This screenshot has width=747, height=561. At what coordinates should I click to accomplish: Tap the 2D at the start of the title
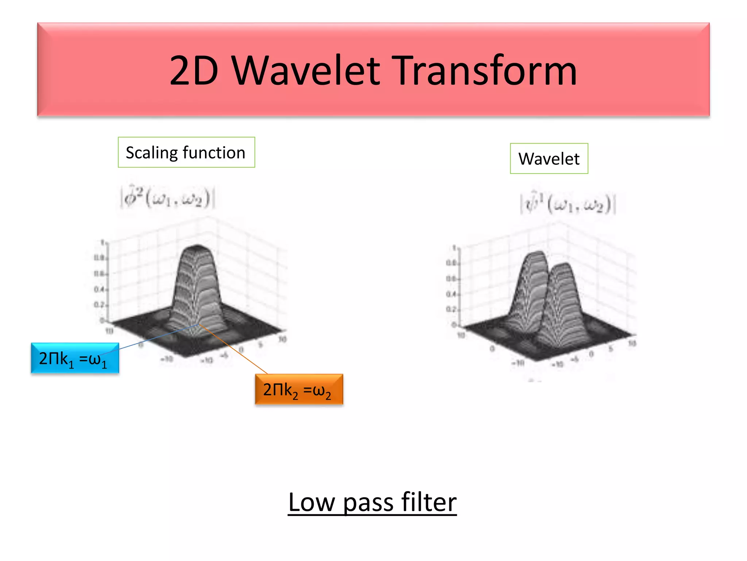coord(194,70)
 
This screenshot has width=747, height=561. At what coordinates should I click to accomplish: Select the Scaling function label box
coord(186,152)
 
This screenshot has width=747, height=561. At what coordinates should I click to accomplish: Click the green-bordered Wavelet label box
coord(549,159)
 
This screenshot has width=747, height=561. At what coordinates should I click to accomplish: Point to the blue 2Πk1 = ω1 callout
coord(75,358)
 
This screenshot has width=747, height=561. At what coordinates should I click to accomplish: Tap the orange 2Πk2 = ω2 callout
coord(299,389)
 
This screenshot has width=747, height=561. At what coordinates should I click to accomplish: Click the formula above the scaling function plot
coord(167,198)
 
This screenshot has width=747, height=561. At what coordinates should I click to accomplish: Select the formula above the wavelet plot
coord(568,204)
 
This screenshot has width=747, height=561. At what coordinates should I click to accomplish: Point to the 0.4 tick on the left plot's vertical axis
coord(99,290)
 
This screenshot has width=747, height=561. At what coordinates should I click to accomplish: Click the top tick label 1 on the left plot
coord(102,243)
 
